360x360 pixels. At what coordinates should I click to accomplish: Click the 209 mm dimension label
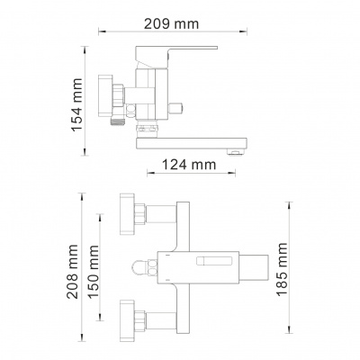pyautogui.click(x=171, y=23)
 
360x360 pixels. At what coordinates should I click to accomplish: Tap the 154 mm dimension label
pyautogui.click(x=76, y=104)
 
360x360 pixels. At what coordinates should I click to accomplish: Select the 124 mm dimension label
pyautogui.click(x=189, y=165)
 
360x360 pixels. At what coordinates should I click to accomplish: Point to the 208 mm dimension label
pyautogui.click(x=73, y=272)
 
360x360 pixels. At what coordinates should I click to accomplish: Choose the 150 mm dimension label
pyautogui.click(x=94, y=272)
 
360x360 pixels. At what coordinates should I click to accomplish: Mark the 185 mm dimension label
pyautogui.click(x=282, y=270)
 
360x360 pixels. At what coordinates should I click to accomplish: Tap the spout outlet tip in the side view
pyautogui.click(x=235, y=153)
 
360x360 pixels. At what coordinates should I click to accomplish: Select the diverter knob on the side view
pyautogui.click(x=176, y=108)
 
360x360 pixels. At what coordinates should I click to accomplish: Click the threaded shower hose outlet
pyautogui.click(x=117, y=120)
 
